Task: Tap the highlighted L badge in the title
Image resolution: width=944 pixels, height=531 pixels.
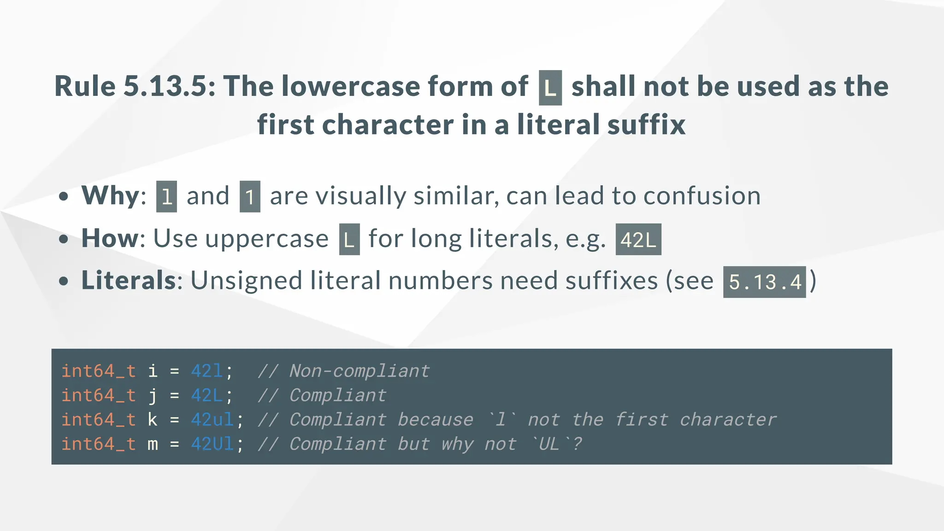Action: point(550,88)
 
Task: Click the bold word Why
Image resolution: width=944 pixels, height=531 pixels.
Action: point(110,196)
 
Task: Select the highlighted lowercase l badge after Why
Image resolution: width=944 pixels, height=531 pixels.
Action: point(166,197)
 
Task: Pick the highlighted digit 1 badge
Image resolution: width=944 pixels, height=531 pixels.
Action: point(250,197)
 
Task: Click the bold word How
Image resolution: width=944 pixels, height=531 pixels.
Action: point(110,239)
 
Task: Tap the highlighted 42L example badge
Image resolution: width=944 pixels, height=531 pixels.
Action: point(638,240)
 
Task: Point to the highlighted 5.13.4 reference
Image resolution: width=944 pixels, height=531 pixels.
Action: point(764,282)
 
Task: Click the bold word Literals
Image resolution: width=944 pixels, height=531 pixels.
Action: point(129,281)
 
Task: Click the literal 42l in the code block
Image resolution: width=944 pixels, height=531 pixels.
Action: point(207,371)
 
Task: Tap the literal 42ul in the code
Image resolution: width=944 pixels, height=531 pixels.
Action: point(212,420)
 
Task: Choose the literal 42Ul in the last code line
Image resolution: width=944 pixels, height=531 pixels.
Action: point(212,444)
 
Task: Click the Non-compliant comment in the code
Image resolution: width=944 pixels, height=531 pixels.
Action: point(360,371)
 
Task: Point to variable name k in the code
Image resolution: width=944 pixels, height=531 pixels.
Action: point(153,420)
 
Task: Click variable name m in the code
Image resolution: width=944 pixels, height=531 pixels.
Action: point(153,444)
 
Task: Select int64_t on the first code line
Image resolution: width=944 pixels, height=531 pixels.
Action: point(99,371)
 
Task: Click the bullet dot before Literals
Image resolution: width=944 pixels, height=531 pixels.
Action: point(64,281)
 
